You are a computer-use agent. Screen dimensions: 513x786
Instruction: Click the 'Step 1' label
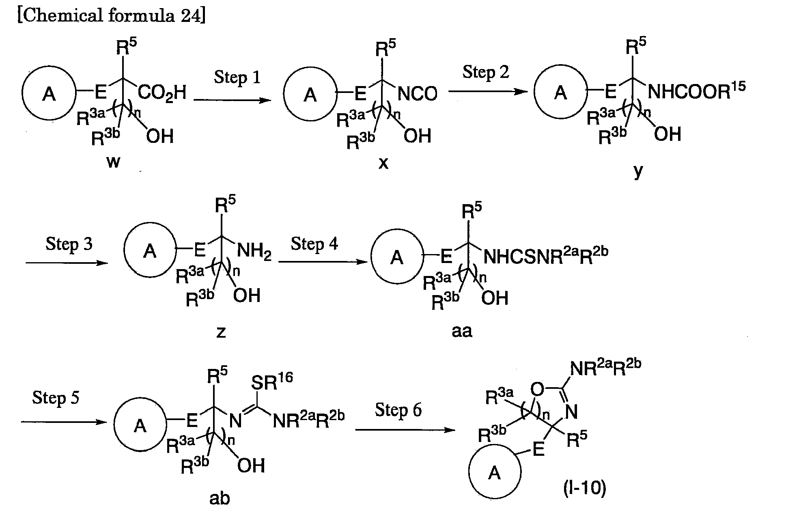237,78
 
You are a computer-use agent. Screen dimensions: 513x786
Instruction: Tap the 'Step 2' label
485,73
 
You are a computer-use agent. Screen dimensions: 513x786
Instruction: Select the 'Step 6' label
398,410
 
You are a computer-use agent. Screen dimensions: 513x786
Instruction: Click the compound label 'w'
113,162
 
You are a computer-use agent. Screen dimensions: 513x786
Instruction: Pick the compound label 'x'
383,163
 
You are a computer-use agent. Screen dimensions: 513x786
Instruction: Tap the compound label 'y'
638,171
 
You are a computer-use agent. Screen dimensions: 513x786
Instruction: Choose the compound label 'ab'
220,498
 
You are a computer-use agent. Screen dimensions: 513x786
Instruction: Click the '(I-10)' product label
585,488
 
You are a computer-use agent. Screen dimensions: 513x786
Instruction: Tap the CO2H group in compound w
162,93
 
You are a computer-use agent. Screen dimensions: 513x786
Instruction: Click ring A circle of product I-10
494,473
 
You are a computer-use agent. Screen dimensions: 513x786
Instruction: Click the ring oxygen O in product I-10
536,390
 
